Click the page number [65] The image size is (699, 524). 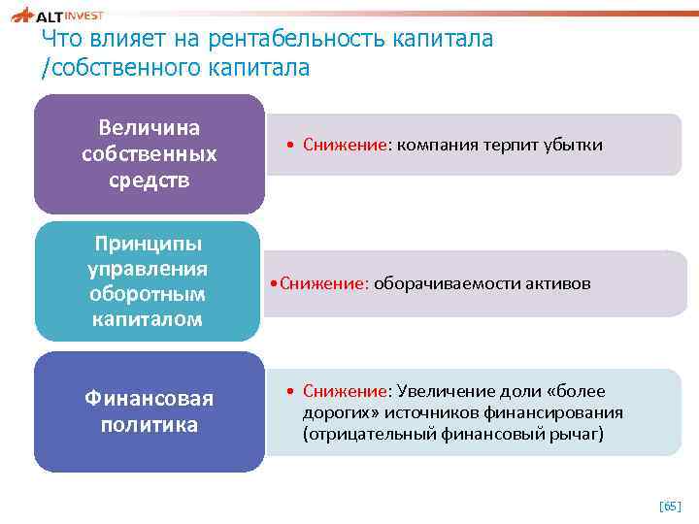point(670,507)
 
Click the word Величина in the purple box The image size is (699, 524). point(150,128)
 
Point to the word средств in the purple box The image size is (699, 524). point(150,180)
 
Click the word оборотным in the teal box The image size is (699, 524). point(149,294)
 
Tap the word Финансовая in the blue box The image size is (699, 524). point(149,399)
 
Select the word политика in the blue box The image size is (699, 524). point(149,425)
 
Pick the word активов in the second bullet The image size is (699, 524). point(556,284)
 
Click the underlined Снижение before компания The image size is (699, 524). point(345,145)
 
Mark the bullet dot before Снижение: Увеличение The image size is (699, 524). point(291,391)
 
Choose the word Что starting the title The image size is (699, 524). point(62,40)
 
